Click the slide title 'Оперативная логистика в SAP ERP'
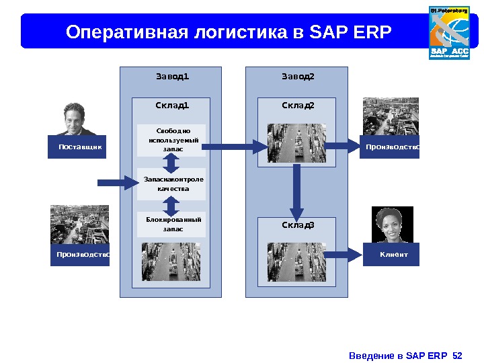click(229, 32)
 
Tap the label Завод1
click(172, 76)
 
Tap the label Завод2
click(297, 76)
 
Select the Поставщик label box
click(77, 147)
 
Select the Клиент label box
click(391, 255)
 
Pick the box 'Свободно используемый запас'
click(171, 140)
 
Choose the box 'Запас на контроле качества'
click(171, 184)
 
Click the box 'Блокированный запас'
click(171, 225)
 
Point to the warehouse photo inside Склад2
click(297, 143)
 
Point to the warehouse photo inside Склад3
click(297, 261)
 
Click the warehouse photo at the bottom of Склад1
click(171, 261)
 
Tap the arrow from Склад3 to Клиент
click(344, 254)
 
